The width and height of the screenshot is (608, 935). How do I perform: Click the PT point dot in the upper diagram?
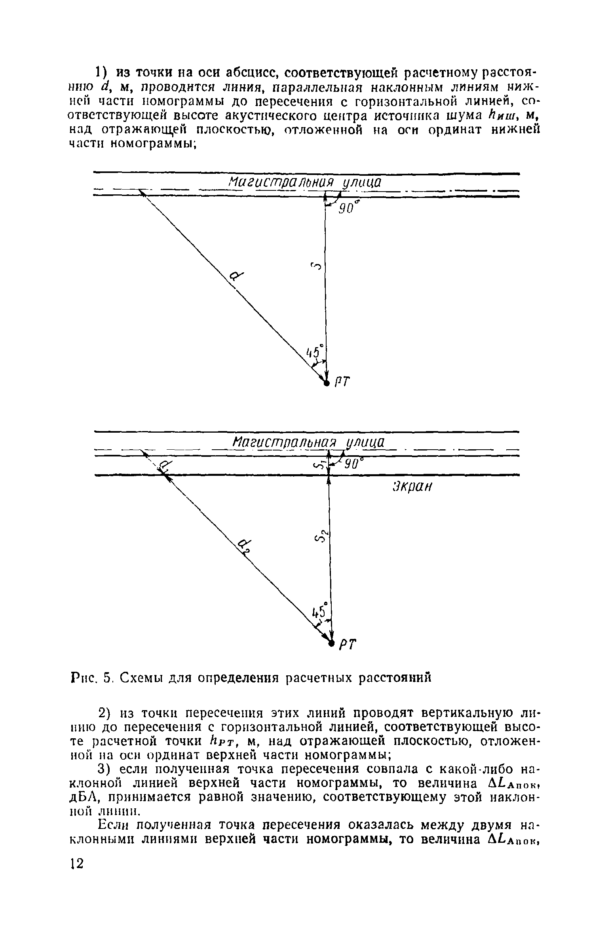click(326, 383)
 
